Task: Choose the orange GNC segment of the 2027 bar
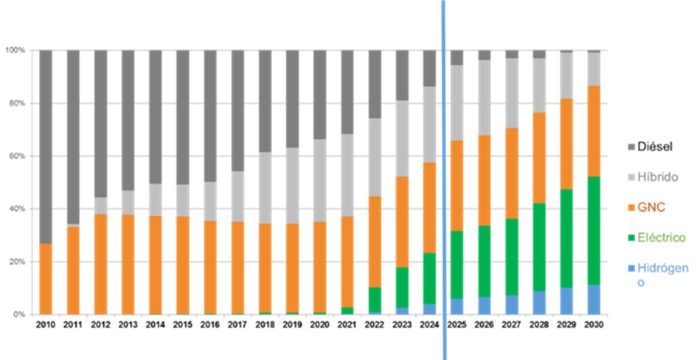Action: (511, 173)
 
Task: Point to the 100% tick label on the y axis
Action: (15, 50)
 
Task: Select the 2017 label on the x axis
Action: (237, 324)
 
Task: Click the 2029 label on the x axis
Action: (566, 324)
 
